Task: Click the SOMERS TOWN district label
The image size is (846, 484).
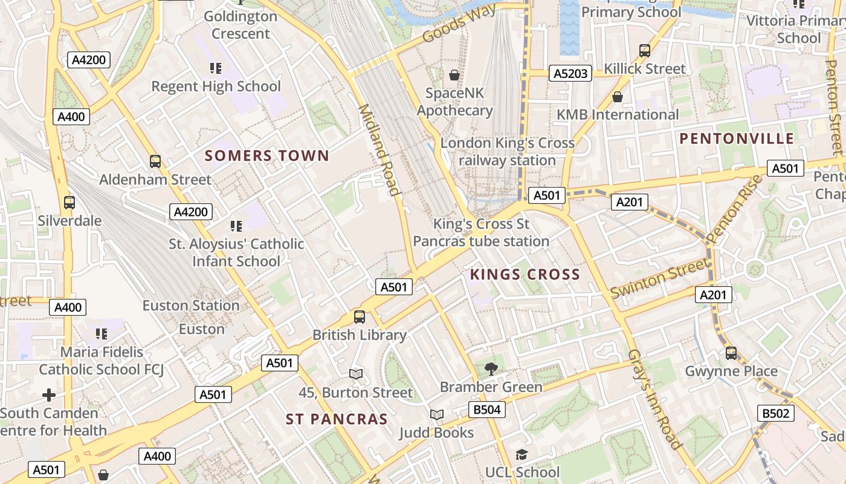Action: point(267,156)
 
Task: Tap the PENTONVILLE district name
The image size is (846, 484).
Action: point(737,139)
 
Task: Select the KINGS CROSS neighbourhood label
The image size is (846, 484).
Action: point(525,275)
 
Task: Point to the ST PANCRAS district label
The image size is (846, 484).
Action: point(337,419)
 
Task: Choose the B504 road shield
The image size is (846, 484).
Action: point(486,410)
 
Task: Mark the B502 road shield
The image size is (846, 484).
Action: point(775,413)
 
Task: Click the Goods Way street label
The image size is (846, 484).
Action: point(459,24)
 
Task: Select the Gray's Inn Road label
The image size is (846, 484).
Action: point(655,399)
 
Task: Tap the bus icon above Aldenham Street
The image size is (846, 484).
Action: point(155,162)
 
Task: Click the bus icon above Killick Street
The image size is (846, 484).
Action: point(645,51)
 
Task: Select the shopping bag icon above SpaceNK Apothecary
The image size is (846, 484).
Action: point(454,75)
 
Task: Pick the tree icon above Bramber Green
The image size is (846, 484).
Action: point(491,368)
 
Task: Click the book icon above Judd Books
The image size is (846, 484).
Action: point(436,414)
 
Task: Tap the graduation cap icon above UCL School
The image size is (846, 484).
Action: point(521,454)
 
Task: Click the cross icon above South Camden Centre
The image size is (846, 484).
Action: point(49,396)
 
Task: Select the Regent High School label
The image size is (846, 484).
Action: point(216,87)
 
